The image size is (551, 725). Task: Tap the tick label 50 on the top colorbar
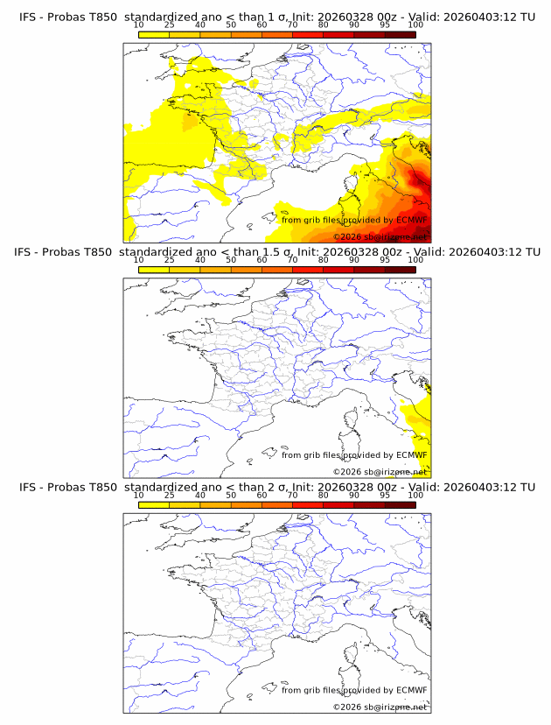coord(231,25)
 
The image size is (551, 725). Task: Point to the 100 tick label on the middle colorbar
coord(415,260)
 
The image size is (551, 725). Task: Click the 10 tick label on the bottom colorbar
coord(139,495)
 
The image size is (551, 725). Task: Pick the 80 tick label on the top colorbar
coord(324,25)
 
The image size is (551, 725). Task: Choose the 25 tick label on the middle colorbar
coord(170,260)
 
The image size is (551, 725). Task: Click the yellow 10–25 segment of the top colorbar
coord(154,34)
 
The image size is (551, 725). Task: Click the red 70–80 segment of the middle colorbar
coord(308,269)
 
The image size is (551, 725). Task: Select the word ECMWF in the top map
coord(411,220)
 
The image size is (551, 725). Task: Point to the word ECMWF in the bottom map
coord(411,690)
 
